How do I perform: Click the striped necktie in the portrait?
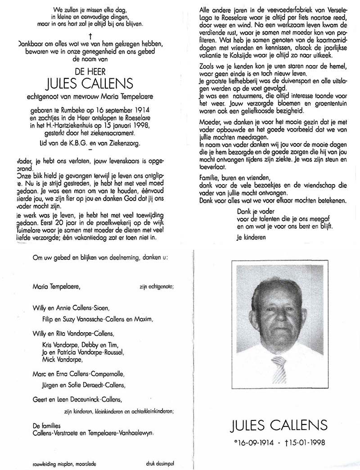click(x=279, y=370)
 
